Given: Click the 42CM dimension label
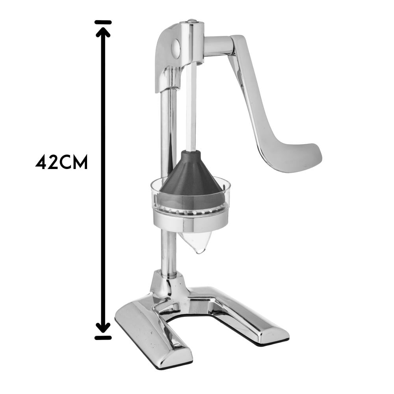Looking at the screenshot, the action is click(x=61, y=162).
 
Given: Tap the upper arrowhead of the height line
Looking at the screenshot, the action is click(x=103, y=32).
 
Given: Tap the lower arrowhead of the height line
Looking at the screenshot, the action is click(x=103, y=327).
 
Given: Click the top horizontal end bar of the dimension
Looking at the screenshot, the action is click(x=103, y=22).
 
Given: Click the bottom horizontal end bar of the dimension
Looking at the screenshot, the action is click(x=103, y=338).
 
